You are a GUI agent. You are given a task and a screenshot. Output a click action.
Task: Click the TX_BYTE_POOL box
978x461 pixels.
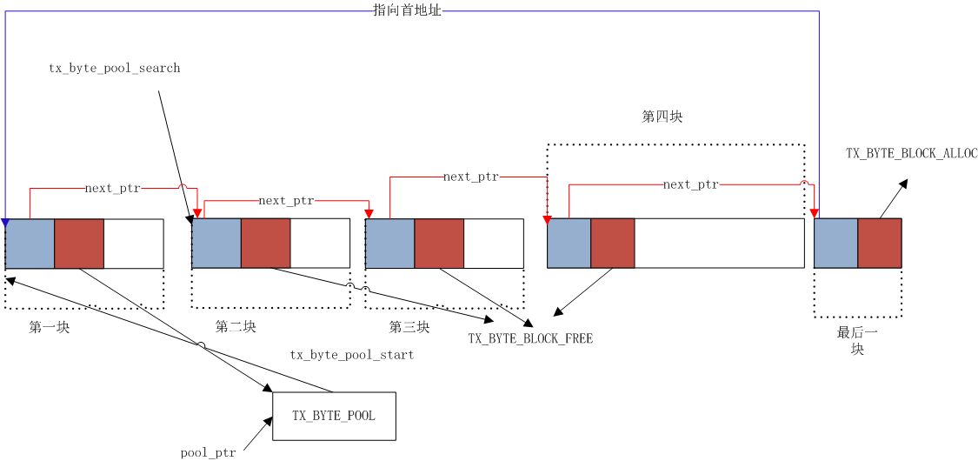[334, 416]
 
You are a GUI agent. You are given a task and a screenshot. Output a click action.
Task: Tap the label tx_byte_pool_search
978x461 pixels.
[114, 68]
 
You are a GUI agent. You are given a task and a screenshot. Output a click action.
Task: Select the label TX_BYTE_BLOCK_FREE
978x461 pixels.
[530, 338]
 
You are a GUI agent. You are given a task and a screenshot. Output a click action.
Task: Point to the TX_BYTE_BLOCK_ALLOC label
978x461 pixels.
[911, 153]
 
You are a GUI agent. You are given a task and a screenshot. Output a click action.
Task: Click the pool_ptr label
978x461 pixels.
[208, 452]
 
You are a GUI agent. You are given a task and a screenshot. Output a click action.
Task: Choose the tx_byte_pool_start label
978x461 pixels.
[351, 355]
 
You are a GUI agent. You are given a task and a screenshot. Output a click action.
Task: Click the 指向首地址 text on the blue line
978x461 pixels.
[407, 10]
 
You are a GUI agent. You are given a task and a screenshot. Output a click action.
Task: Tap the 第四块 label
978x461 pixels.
[662, 117]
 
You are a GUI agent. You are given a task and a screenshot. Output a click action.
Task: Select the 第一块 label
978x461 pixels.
[49, 327]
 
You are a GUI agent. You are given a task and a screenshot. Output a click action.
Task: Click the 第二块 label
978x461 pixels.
[236, 326]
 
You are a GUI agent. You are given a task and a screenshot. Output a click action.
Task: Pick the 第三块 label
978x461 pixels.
[409, 327]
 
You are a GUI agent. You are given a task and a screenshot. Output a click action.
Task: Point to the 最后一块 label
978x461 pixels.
[857, 340]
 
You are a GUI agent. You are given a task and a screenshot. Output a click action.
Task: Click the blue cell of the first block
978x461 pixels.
[30, 244]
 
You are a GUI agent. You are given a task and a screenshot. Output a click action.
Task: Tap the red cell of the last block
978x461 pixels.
[879, 244]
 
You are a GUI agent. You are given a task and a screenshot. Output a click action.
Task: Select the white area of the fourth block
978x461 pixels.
[719, 244]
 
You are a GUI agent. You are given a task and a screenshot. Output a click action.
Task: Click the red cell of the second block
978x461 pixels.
[265, 244]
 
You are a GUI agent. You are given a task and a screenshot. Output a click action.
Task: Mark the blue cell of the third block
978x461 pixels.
[389, 244]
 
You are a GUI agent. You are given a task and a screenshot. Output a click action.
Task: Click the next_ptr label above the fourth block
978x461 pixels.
[690, 184]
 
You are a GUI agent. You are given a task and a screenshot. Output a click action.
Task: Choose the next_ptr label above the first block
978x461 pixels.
[112, 188]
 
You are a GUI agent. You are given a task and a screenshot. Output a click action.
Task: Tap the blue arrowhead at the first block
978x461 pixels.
[5, 223]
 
